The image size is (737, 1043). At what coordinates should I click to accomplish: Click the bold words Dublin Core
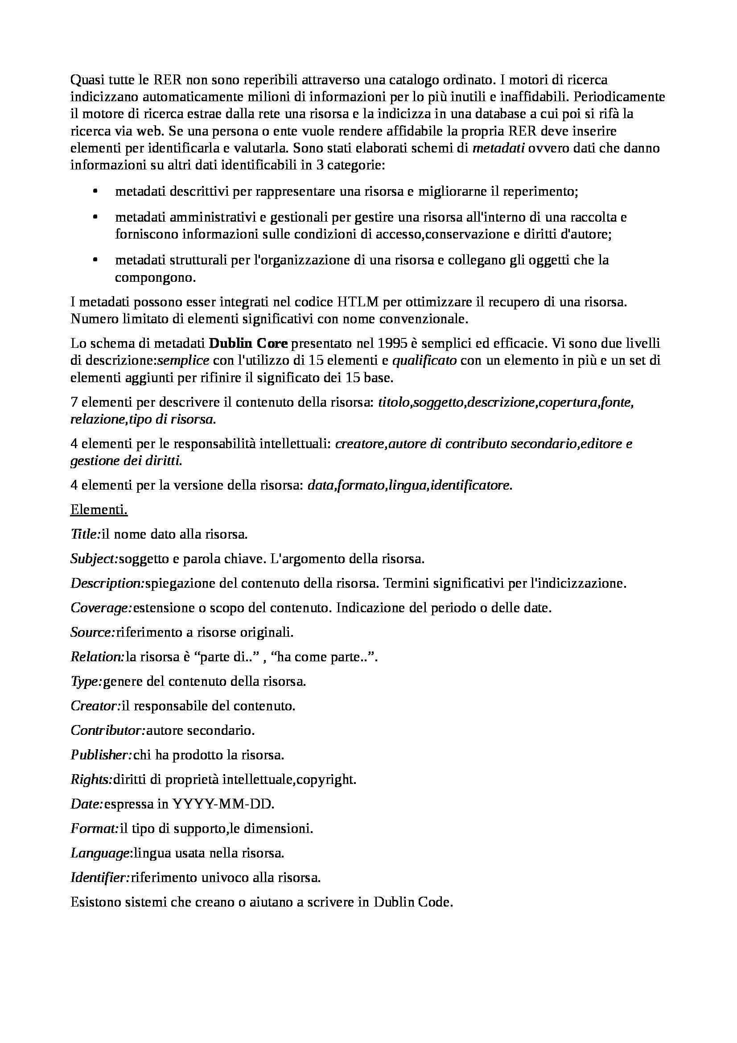click(248, 343)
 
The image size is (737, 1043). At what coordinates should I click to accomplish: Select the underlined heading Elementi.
click(99, 510)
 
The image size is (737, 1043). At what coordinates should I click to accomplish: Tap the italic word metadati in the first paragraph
click(498, 148)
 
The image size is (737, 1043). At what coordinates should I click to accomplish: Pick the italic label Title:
click(85, 534)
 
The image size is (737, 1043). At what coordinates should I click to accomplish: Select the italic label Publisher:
click(101, 755)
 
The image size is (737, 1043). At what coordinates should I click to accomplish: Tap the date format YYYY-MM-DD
click(223, 804)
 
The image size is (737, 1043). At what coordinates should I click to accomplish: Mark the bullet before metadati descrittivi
click(95, 192)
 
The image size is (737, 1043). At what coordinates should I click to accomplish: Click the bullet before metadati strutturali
click(95, 260)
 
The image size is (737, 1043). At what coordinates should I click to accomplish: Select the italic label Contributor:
click(108, 730)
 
